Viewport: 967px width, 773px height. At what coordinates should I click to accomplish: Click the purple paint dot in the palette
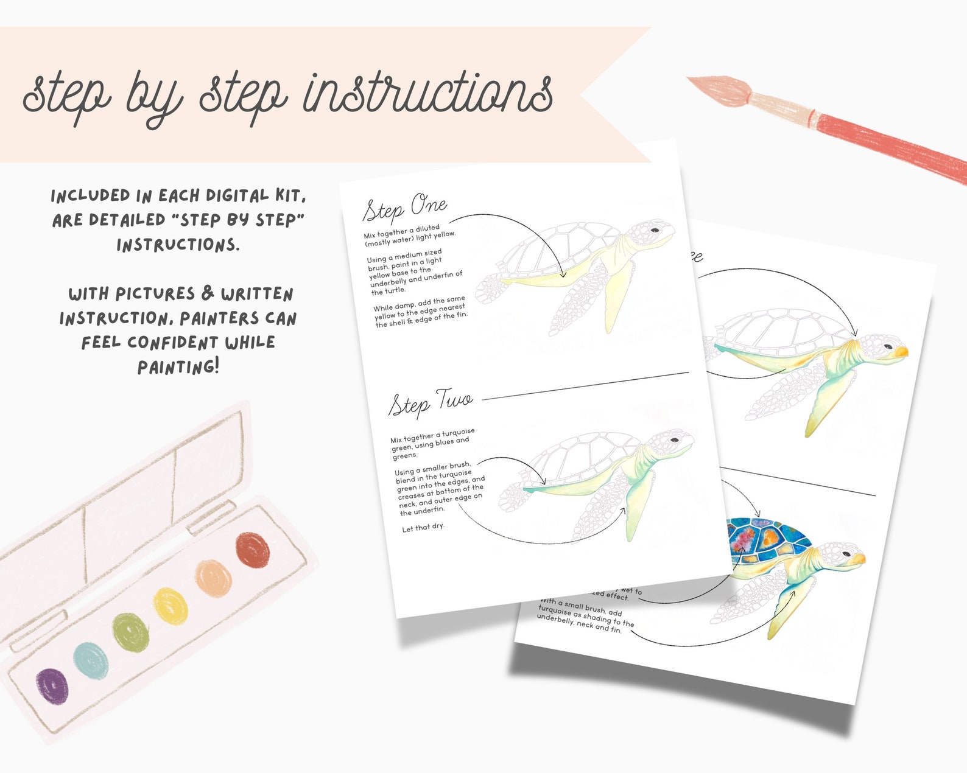[52, 686]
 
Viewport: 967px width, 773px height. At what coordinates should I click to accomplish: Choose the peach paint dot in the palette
[213, 578]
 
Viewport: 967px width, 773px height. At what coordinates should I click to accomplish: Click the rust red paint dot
[252, 550]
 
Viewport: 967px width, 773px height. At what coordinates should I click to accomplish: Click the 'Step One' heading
[405, 208]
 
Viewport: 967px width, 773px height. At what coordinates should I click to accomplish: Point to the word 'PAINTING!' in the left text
[177, 367]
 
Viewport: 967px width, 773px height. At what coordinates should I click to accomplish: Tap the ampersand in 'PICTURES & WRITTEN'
[208, 293]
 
